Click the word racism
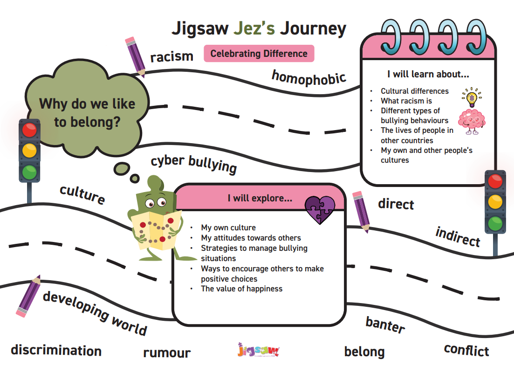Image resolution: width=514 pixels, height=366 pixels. (x=172, y=57)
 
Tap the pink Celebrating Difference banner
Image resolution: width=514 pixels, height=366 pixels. (x=259, y=54)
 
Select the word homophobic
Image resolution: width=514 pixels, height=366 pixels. (x=309, y=78)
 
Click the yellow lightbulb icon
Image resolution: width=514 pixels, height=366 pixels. (x=472, y=97)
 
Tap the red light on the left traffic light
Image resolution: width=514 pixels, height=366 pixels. (x=29, y=130)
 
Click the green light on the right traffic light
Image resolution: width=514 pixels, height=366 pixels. (x=495, y=224)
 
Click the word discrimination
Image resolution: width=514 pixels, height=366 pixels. (x=56, y=350)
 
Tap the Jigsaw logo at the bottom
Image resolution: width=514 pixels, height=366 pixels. (x=258, y=350)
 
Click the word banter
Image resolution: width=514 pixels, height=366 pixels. (x=385, y=325)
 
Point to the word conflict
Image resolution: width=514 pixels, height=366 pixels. (x=466, y=350)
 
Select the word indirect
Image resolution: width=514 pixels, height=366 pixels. (x=458, y=236)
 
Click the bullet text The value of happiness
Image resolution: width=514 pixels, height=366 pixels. (x=241, y=289)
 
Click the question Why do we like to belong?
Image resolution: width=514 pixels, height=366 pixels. (x=87, y=113)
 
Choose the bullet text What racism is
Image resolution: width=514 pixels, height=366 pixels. (x=406, y=101)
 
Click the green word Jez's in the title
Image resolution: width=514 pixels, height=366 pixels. (x=254, y=28)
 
